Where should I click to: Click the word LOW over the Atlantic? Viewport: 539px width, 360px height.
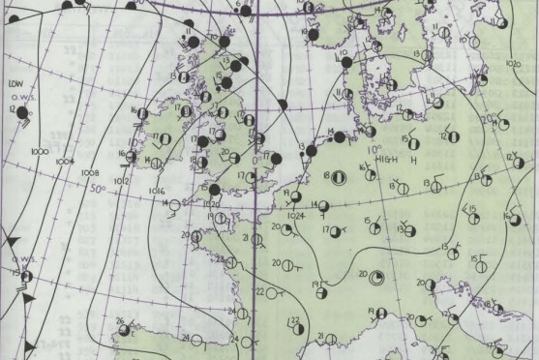click(x=15, y=84)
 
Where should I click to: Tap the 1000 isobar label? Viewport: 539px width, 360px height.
click(x=40, y=153)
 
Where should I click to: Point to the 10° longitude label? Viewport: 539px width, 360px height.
click(x=374, y=149)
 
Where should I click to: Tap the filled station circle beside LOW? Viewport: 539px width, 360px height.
click(x=24, y=113)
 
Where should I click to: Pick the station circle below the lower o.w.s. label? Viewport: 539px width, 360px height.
click(x=25, y=277)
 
